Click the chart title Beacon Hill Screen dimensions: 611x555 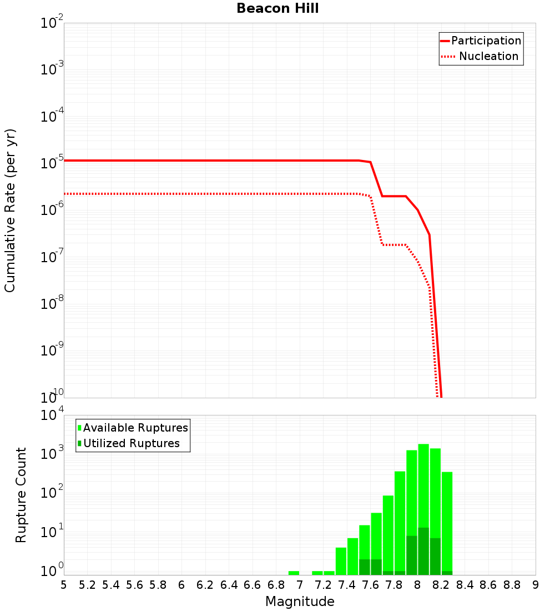point(277,8)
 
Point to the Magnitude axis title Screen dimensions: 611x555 point(300,602)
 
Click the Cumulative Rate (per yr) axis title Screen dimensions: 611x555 point(10,211)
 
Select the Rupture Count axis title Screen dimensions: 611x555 point(21,495)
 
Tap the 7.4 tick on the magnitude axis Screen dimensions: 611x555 point(347,585)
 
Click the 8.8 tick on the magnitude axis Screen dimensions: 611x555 point(512,585)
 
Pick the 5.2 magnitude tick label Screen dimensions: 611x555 point(87,585)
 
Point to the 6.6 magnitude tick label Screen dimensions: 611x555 point(253,585)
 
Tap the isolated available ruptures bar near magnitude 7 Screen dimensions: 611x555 point(294,573)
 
